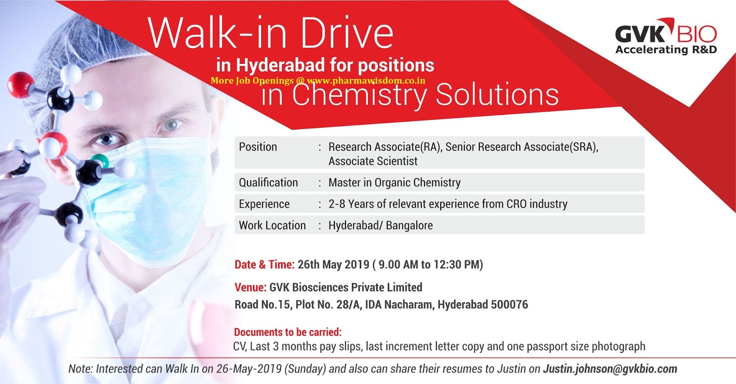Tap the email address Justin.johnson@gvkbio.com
click(x=610, y=369)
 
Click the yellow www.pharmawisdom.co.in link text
click(x=366, y=80)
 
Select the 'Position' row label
click(x=258, y=147)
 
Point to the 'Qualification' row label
click(x=268, y=182)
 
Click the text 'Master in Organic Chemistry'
click(x=394, y=182)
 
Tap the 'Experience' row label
click(x=264, y=204)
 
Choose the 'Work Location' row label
click(x=272, y=225)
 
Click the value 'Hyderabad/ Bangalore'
click(x=380, y=225)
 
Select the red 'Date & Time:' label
click(x=264, y=265)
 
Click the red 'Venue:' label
click(x=250, y=288)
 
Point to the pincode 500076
click(x=510, y=305)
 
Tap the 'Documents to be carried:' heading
click(x=288, y=332)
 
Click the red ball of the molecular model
click(x=20, y=85)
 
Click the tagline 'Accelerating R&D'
click(x=666, y=50)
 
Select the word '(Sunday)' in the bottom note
click(x=305, y=369)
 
